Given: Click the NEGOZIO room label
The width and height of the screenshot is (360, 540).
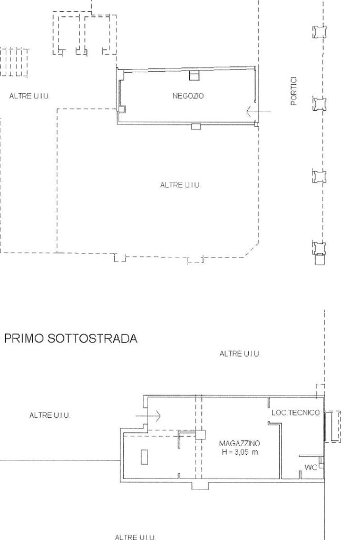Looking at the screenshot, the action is [x=188, y=96].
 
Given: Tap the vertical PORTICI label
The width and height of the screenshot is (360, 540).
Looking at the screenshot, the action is [x=294, y=91].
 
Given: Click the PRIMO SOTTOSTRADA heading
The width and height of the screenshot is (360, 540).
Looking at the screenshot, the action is [x=71, y=339].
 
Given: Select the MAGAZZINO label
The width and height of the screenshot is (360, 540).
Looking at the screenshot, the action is [x=240, y=443].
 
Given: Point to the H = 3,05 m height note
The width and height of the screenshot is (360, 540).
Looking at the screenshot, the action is [x=240, y=452].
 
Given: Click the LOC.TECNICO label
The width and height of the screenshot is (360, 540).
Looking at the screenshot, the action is [x=296, y=413].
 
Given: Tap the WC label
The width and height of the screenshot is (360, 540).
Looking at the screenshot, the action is [x=311, y=467].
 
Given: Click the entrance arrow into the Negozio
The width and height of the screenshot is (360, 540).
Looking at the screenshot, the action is [x=259, y=112].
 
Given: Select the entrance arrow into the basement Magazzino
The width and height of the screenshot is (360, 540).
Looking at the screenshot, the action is [x=148, y=416].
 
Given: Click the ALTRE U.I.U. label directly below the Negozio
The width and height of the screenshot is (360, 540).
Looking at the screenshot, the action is [x=180, y=185].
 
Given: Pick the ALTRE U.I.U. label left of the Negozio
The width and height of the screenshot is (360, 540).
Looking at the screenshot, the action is [x=30, y=96].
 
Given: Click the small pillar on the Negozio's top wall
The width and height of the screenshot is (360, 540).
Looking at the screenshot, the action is [x=194, y=75].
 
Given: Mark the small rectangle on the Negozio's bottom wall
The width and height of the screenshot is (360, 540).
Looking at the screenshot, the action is [x=196, y=127].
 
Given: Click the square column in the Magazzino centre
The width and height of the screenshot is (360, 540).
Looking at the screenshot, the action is [x=200, y=435].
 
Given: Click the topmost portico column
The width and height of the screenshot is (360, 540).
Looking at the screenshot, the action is [x=319, y=32].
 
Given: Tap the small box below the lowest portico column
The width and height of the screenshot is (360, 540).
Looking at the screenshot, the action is [x=320, y=259].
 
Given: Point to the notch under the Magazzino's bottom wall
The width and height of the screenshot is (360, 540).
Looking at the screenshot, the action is [x=200, y=486].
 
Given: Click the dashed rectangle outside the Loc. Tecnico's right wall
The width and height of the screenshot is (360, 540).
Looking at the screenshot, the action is [x=334, y=426].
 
